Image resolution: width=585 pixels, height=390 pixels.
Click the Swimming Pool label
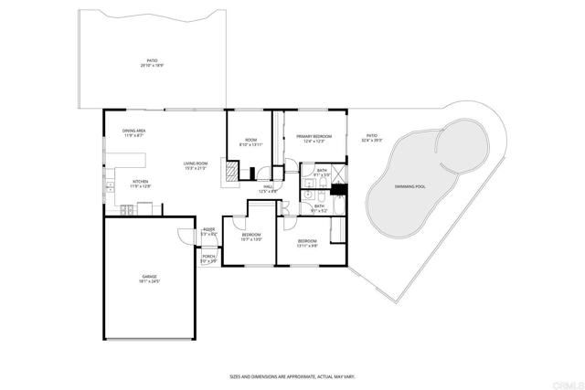coord(409,185)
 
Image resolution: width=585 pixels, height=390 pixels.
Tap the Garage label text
coord(149,276)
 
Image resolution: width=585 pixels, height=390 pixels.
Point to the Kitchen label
coord(141,182)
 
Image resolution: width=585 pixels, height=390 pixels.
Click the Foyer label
coord(208,229)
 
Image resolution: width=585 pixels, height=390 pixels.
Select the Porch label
coord(208,257)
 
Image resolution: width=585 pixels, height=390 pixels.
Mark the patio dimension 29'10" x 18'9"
coord(153,67)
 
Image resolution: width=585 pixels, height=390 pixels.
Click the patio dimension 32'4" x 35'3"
coord(371,141)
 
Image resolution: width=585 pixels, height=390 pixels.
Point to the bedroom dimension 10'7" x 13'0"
coord(251,239)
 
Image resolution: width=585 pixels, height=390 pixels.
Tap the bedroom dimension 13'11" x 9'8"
coord(307,246)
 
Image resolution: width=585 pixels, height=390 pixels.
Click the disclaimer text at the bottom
coord(292,376)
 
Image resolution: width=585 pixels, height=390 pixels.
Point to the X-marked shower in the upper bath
coord(337,172)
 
